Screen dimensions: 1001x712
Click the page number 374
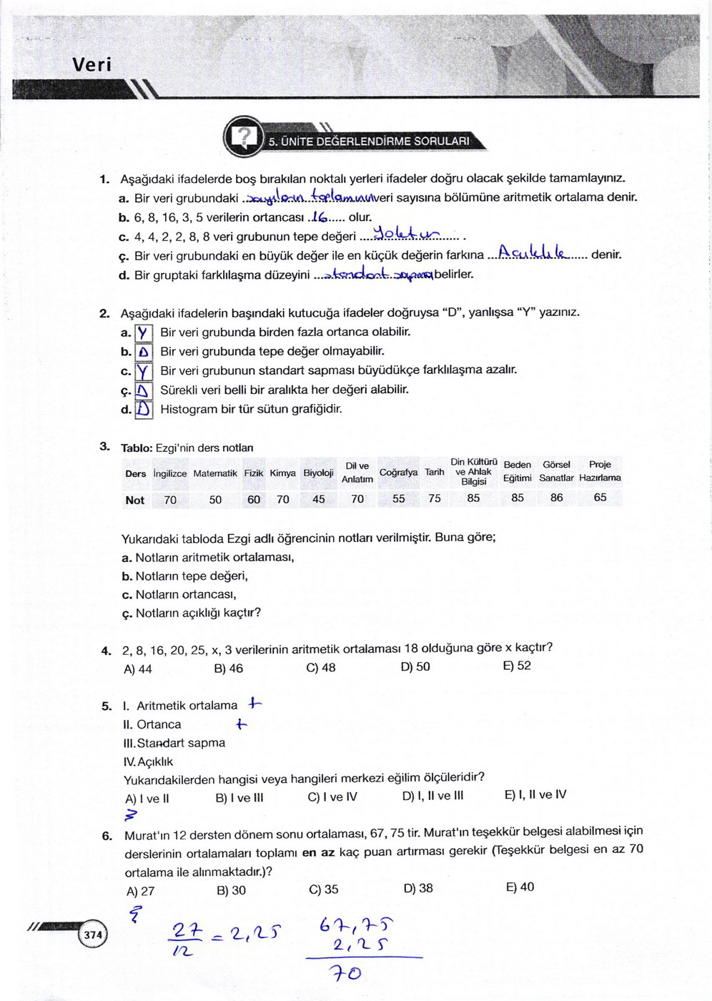[x=93, y=935]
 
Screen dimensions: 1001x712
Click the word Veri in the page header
[x=92, y=65]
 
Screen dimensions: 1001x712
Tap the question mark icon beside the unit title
[x=245, y=136]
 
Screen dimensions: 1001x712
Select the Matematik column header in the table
[x=215, y=473]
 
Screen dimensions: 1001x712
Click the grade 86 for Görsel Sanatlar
[x=557, y=498]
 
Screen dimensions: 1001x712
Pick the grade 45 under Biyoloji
[x=319, y=499]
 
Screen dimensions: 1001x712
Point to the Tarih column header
[x=435, y=472]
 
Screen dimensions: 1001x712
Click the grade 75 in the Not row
[x=435, y=498]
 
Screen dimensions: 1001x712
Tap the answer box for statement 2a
[x=144, y=333]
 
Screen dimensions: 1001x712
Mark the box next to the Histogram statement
[x=144, y=410]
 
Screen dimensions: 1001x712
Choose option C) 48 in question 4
[x=321, y=668]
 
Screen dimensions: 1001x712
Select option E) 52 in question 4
[x=518, y=666]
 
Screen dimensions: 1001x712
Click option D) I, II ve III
[x=432, y=796]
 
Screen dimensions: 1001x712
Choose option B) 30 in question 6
[x=231, y=890]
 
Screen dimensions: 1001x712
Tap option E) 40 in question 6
[x=520, y=887]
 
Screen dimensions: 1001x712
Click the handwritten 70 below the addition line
[x=345, y=973]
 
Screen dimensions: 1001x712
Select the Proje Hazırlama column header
[x=600, y=471]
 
